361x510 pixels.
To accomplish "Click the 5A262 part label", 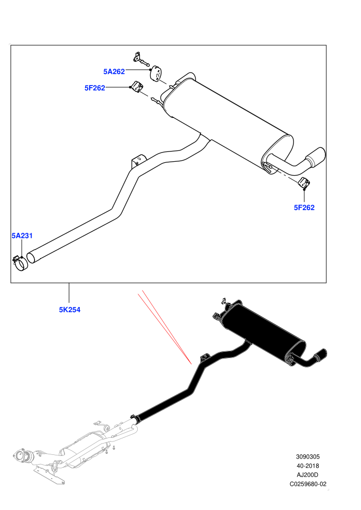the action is click(114, 72).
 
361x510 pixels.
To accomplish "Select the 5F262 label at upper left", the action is click(95, 88).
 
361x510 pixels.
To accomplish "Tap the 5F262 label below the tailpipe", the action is click(304, 208).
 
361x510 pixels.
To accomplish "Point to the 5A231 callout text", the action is click(22, 235).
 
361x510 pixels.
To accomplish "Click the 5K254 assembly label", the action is click(70, 310).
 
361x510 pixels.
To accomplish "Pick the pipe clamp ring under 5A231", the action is click(21, 264).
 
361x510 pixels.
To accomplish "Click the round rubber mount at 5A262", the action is click(156, 73).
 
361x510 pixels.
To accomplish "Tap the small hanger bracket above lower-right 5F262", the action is click(305, 183).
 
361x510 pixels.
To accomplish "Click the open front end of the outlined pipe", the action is click(31, 257).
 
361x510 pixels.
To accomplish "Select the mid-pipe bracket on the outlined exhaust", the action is click(138, 161).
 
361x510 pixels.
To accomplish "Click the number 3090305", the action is click(307, 456).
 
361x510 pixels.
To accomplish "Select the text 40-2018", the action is click(308, 466).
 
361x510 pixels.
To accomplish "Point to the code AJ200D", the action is click(308, 475).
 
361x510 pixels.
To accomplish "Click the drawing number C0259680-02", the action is click(308, 484).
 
